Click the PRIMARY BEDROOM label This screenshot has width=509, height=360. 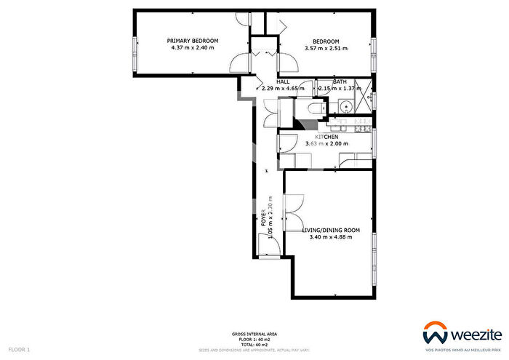point(193,41)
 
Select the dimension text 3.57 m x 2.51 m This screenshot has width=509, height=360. point(326,49)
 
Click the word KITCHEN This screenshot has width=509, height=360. point(326,137)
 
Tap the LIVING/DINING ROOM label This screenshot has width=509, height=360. point(331,230)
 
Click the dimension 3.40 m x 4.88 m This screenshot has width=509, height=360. point(331,237)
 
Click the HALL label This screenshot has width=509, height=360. point(273,81)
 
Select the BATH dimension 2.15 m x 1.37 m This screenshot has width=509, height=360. point(340,89)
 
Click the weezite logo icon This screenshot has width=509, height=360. point(436,334)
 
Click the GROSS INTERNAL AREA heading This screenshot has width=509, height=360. point(254,334)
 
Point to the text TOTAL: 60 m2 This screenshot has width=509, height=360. point(254,344)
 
